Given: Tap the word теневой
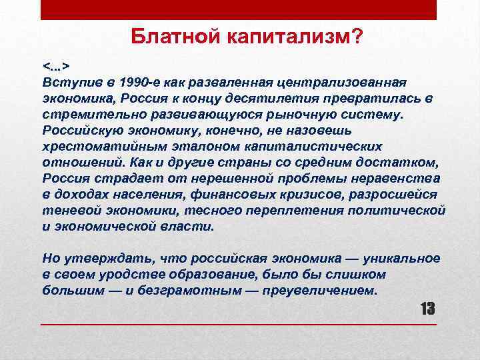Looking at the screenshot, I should (x=65, y=211).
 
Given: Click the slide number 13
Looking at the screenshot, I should (x=427, y=308).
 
